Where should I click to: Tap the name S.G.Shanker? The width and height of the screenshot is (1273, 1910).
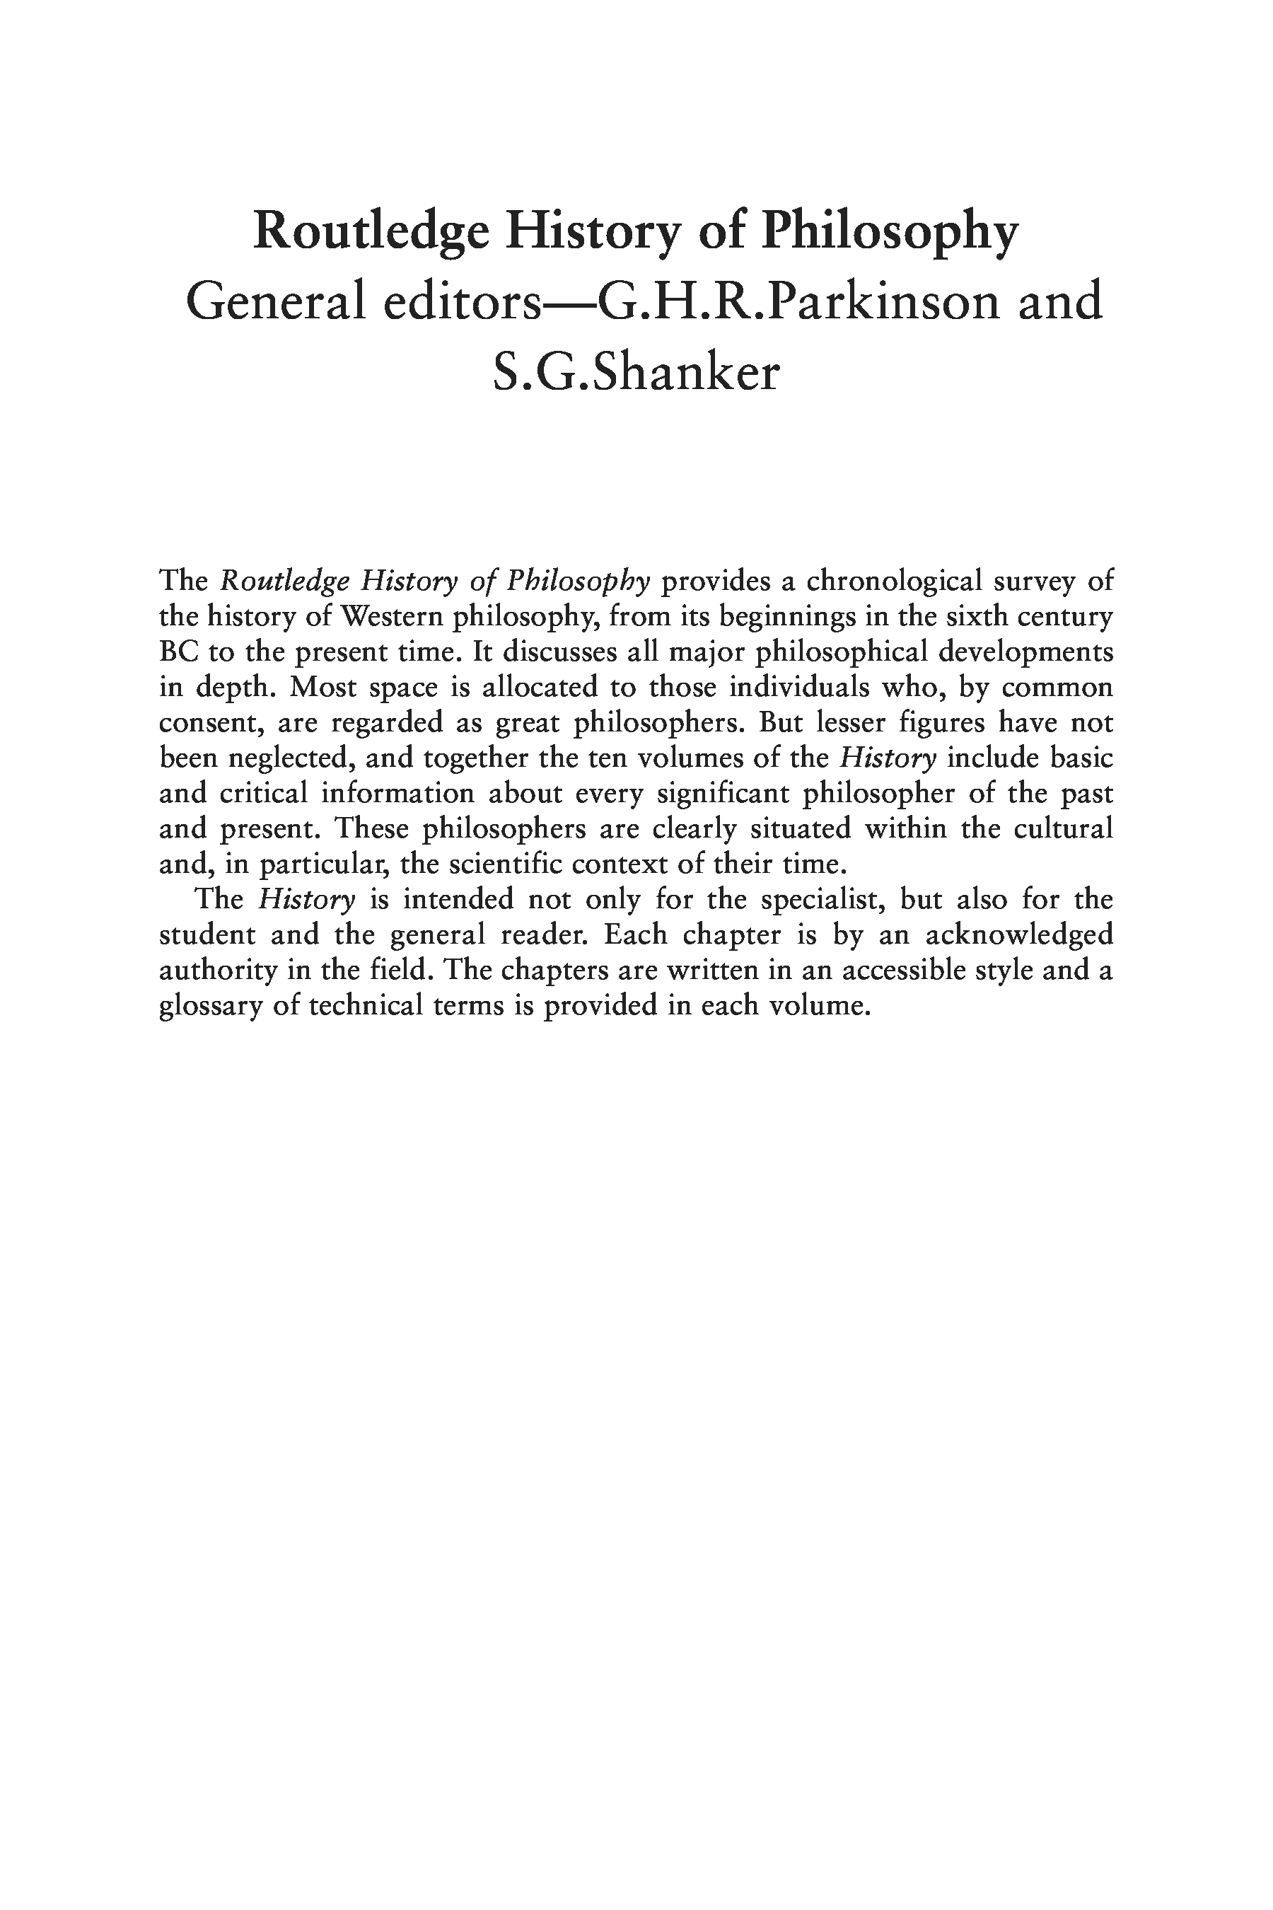pyautogui.click(x=636, y=374)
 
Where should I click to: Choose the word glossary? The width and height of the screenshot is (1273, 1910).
pyautogui.click(x=207, y=1006)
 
